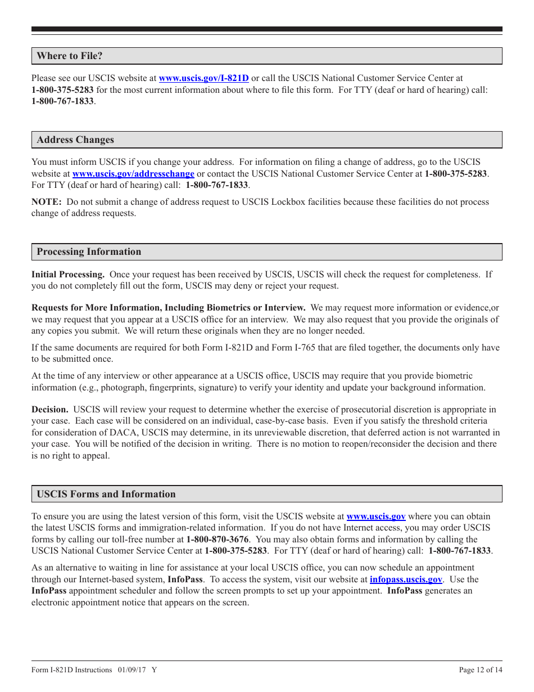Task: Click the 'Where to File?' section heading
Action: [x=70, y=56]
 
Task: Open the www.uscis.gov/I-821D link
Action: [x=203, y=78]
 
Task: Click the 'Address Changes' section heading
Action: [x=75, y=140]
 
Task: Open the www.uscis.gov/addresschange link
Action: [x=133, y=174]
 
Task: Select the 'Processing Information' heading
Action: [x=89, y=251]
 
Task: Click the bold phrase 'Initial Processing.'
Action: [x=68, y=275]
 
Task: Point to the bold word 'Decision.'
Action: [x=50, y=410]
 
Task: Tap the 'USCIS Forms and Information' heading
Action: [x=106, y=494]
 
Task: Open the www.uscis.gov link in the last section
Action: [x=375, y=516]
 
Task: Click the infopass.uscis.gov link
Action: [x=406, y=579]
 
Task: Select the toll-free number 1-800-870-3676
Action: [x=218, y=540]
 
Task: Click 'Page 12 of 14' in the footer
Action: [x=481, y=670]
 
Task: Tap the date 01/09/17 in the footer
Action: [x=132, y=670]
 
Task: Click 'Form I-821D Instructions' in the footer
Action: [x=72, y=670]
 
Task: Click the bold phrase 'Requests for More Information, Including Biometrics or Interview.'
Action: [x=169, y=308]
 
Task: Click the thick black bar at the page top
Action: [x=267, y=29]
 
